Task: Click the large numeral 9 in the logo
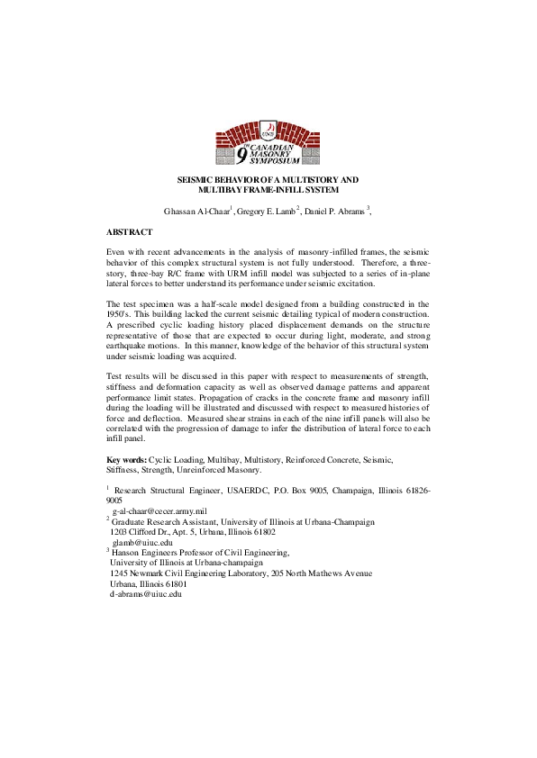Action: coord(241,155)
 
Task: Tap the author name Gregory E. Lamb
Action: coord(265,212)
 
